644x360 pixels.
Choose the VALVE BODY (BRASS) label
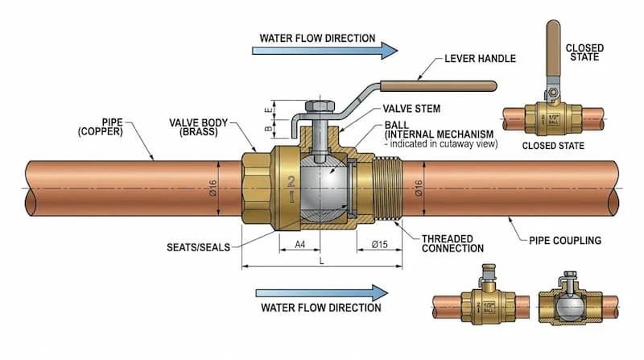tap(200, 127)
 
